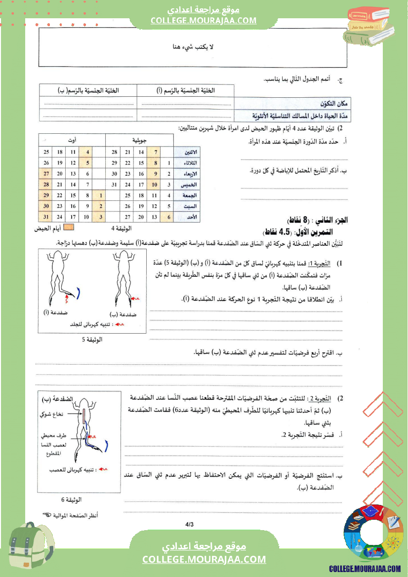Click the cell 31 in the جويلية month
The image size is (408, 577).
click(x=115, y=185)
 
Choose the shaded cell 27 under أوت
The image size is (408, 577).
click(x=46, y=174)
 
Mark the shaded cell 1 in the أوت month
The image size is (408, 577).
click(x=100, y=195)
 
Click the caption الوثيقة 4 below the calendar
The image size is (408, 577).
click(x=121, y=229)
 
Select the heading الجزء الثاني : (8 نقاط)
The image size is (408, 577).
click(x=317, y=220)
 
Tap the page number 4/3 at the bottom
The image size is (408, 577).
click(x=189, y=524)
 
